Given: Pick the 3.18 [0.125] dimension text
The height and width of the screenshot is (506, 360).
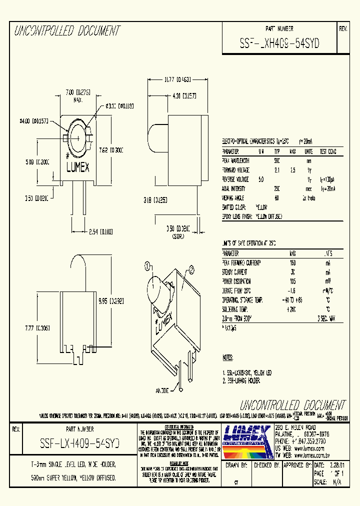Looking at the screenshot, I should click(154, 200).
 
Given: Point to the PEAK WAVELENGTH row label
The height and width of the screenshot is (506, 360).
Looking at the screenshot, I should click(236, 161).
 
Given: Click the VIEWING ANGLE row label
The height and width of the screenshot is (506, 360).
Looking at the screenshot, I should click(234, 197).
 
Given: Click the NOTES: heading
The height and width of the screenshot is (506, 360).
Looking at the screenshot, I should click(228, 357).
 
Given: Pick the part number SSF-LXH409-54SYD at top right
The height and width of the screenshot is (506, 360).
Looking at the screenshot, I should click(279, 42).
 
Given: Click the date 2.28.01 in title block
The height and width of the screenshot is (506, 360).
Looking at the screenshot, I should click(336, 465).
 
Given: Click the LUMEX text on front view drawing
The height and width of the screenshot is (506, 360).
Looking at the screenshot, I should click(77, 168).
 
